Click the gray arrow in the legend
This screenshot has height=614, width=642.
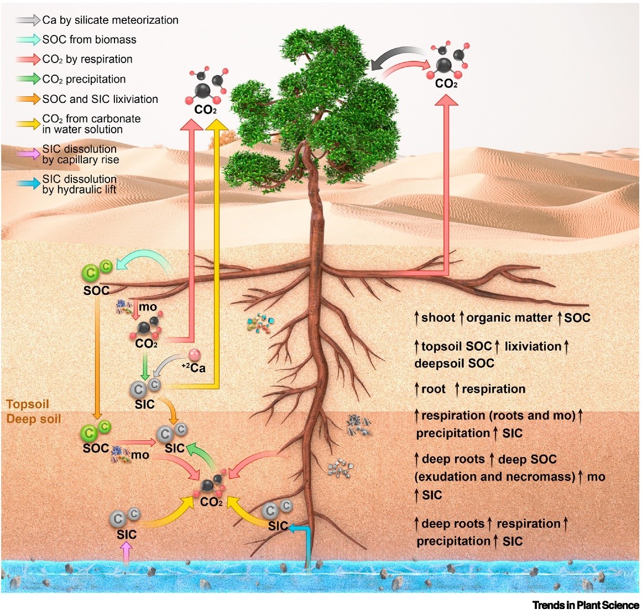[x=28, y=20]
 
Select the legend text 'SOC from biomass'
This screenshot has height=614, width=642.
[x=89, y=40]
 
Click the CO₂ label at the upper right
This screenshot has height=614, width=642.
[x=446, y=84]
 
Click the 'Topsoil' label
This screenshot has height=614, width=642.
[x=28, y=404]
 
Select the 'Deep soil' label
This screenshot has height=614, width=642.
[x=34, y=419]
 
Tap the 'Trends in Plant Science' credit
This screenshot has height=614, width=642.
[x=585, y=605]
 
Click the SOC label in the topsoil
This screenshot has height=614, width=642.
[x=96, y=290]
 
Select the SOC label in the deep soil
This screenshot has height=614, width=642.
[x=96, y=448]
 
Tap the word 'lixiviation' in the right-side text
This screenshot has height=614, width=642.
[x=533, y=346]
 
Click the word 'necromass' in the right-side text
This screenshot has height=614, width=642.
[x=545, y=477]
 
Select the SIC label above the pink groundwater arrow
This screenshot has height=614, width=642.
[x=127, y=535]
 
